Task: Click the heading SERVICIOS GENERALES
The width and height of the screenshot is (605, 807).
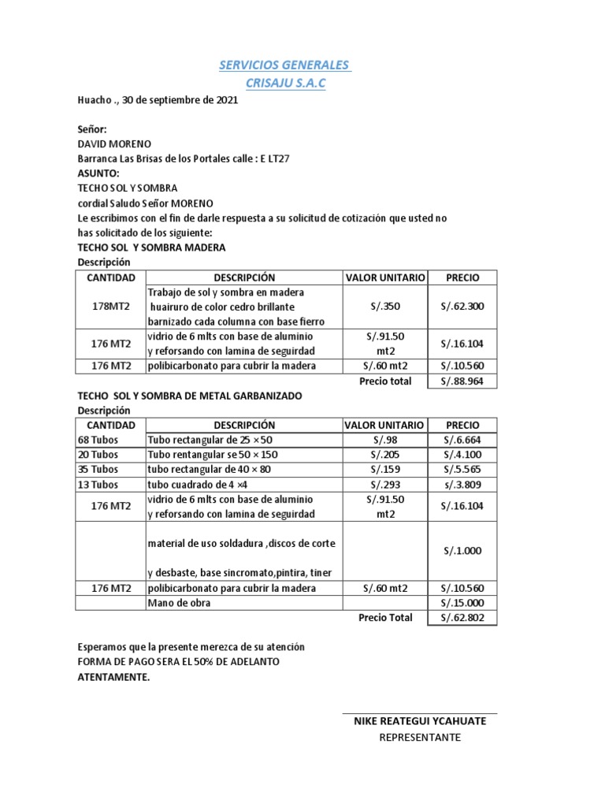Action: [x=284, y=64]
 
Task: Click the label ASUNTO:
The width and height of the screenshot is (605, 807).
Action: [x=98, y=173]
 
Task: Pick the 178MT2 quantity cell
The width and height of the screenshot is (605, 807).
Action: [x=110, y=307]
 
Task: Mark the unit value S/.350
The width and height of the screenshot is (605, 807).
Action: [x=386, y=307]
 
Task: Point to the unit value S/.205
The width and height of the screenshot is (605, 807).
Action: [x=386, y=455]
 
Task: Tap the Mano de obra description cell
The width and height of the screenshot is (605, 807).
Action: [x=179, y=603]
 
